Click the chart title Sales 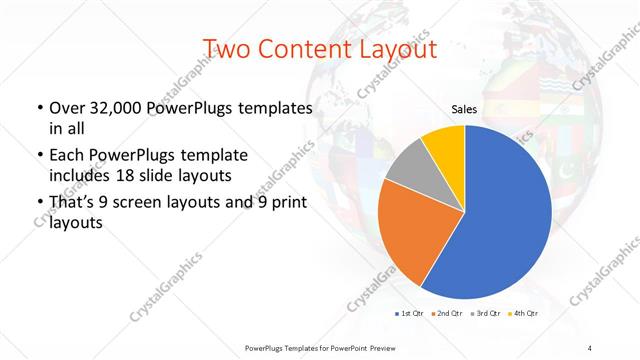point(463,109)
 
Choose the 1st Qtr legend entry point(412,314)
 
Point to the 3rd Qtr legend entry point(487,314)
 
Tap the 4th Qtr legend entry point(525,314)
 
